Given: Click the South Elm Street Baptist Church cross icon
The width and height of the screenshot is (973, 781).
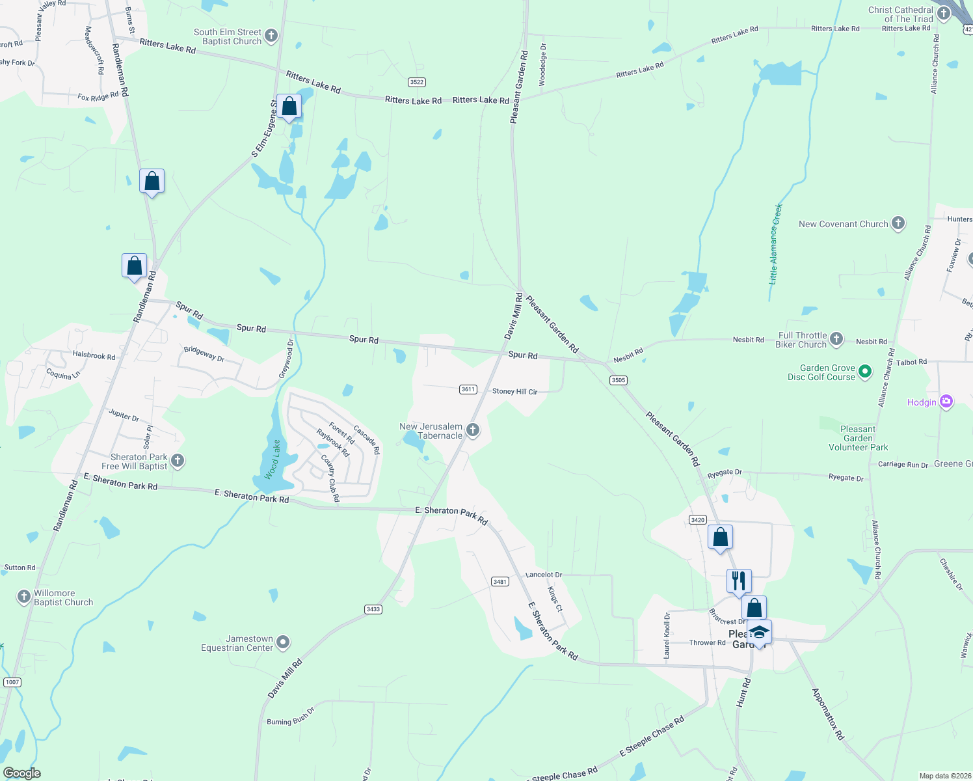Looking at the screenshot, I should tap(271, 36).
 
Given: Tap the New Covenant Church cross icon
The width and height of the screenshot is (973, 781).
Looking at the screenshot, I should tap(898, 224).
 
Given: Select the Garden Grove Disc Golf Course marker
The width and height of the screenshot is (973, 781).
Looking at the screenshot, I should tap(865, 372).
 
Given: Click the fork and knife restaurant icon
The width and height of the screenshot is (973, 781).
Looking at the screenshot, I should tap(739, 581).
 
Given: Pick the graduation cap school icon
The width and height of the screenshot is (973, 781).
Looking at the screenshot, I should tap(759, 632).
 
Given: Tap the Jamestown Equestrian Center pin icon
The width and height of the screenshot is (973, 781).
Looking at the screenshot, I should tap(283, 643).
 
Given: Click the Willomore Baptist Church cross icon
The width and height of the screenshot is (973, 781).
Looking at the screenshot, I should tap(24, 597).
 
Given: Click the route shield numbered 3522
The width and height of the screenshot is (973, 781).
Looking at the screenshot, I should tap(417, 82).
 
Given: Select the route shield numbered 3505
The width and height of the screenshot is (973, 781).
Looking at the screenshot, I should tap(618, 380).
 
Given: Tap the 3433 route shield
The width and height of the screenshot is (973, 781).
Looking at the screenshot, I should tap(373, 609).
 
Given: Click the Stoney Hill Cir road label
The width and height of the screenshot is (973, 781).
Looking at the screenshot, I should tap(514, 392).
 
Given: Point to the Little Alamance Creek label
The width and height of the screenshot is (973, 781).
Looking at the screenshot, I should tap(776, 244).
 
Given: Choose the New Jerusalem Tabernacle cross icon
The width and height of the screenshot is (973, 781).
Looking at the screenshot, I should tap(473, 430).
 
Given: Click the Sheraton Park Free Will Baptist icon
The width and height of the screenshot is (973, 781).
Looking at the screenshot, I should tap(178, 461).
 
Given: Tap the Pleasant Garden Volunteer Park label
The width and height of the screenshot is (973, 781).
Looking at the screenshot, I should tap(858, 438).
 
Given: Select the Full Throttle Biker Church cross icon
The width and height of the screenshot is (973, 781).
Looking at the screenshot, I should tap(836, 339).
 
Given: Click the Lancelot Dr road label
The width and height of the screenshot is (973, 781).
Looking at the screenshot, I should tap(543, 575).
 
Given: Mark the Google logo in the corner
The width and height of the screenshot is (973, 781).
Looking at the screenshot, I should tap(22, 773).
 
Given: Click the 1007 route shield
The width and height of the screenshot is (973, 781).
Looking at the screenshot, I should tap(12, 682).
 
